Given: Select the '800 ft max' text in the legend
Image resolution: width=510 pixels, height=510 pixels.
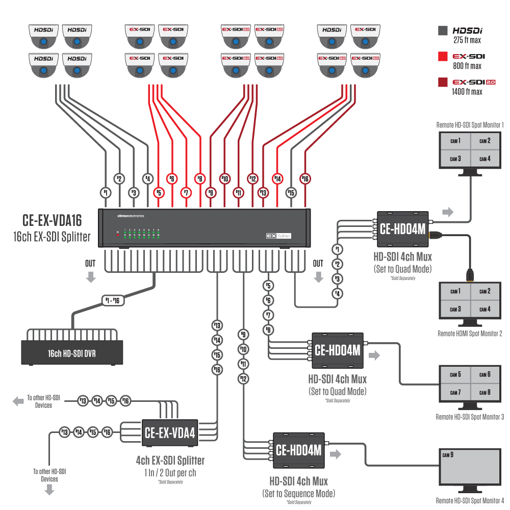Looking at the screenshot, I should (466, 66).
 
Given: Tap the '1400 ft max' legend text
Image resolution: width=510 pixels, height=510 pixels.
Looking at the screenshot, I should (467, 92).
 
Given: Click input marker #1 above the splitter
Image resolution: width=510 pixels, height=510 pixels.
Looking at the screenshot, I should (105, 193).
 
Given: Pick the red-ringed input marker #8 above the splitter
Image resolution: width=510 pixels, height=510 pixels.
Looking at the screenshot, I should (200, 178).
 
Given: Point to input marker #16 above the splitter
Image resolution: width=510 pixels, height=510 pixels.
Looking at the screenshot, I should (305, 178).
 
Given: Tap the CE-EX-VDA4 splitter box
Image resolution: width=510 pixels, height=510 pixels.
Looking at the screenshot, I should (169, 432).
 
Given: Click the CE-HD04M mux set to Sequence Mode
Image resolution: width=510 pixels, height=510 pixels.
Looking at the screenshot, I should (298, 450).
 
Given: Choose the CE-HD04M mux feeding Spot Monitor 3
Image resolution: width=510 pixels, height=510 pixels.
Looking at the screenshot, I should (337, 350).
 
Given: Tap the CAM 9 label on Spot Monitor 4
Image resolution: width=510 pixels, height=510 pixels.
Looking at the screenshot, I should (447, 454).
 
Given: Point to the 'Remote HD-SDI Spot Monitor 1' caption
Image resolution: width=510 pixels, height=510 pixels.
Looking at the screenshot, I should (470, 124).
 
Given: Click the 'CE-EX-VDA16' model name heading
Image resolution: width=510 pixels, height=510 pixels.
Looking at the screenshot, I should (52, 220).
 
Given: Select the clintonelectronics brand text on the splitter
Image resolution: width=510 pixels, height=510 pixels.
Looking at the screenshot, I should (131, 216).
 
